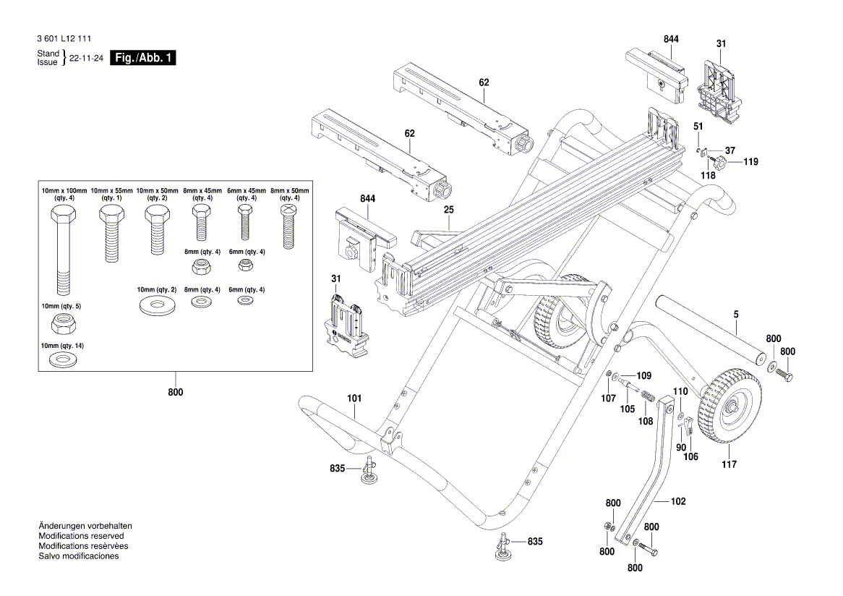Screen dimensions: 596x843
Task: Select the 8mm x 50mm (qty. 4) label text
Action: (289, 194)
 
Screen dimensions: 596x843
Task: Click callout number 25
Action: (448, 209)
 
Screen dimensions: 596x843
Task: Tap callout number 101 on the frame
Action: (354, 398)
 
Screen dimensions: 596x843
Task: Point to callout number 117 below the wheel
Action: (729, 464)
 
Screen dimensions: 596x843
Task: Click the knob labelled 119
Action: (722, 162)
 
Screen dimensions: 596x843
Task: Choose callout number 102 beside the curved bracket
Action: (678, 501)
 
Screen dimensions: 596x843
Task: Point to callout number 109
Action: (643, 375)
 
